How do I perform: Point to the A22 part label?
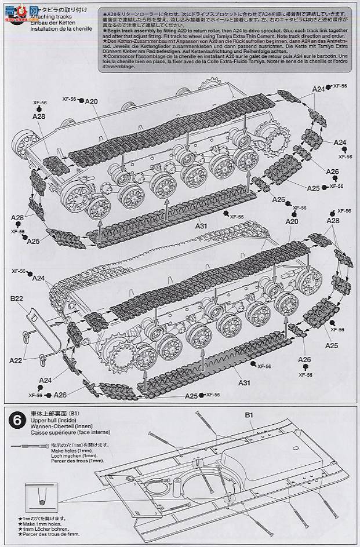(x=16, y=360)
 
